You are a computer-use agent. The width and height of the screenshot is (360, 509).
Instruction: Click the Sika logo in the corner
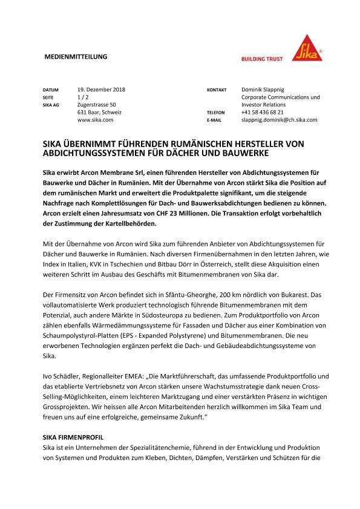point(307,47)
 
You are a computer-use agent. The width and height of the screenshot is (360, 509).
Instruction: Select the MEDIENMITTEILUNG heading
point(76,57)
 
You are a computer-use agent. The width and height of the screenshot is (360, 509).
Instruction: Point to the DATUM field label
point(51,90)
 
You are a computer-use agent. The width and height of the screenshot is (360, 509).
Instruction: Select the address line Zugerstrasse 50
point(97,105)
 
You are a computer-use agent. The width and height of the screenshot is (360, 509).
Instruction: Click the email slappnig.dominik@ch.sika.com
point(279,120)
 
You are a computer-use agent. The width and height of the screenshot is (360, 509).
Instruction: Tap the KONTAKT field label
point(217,90)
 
